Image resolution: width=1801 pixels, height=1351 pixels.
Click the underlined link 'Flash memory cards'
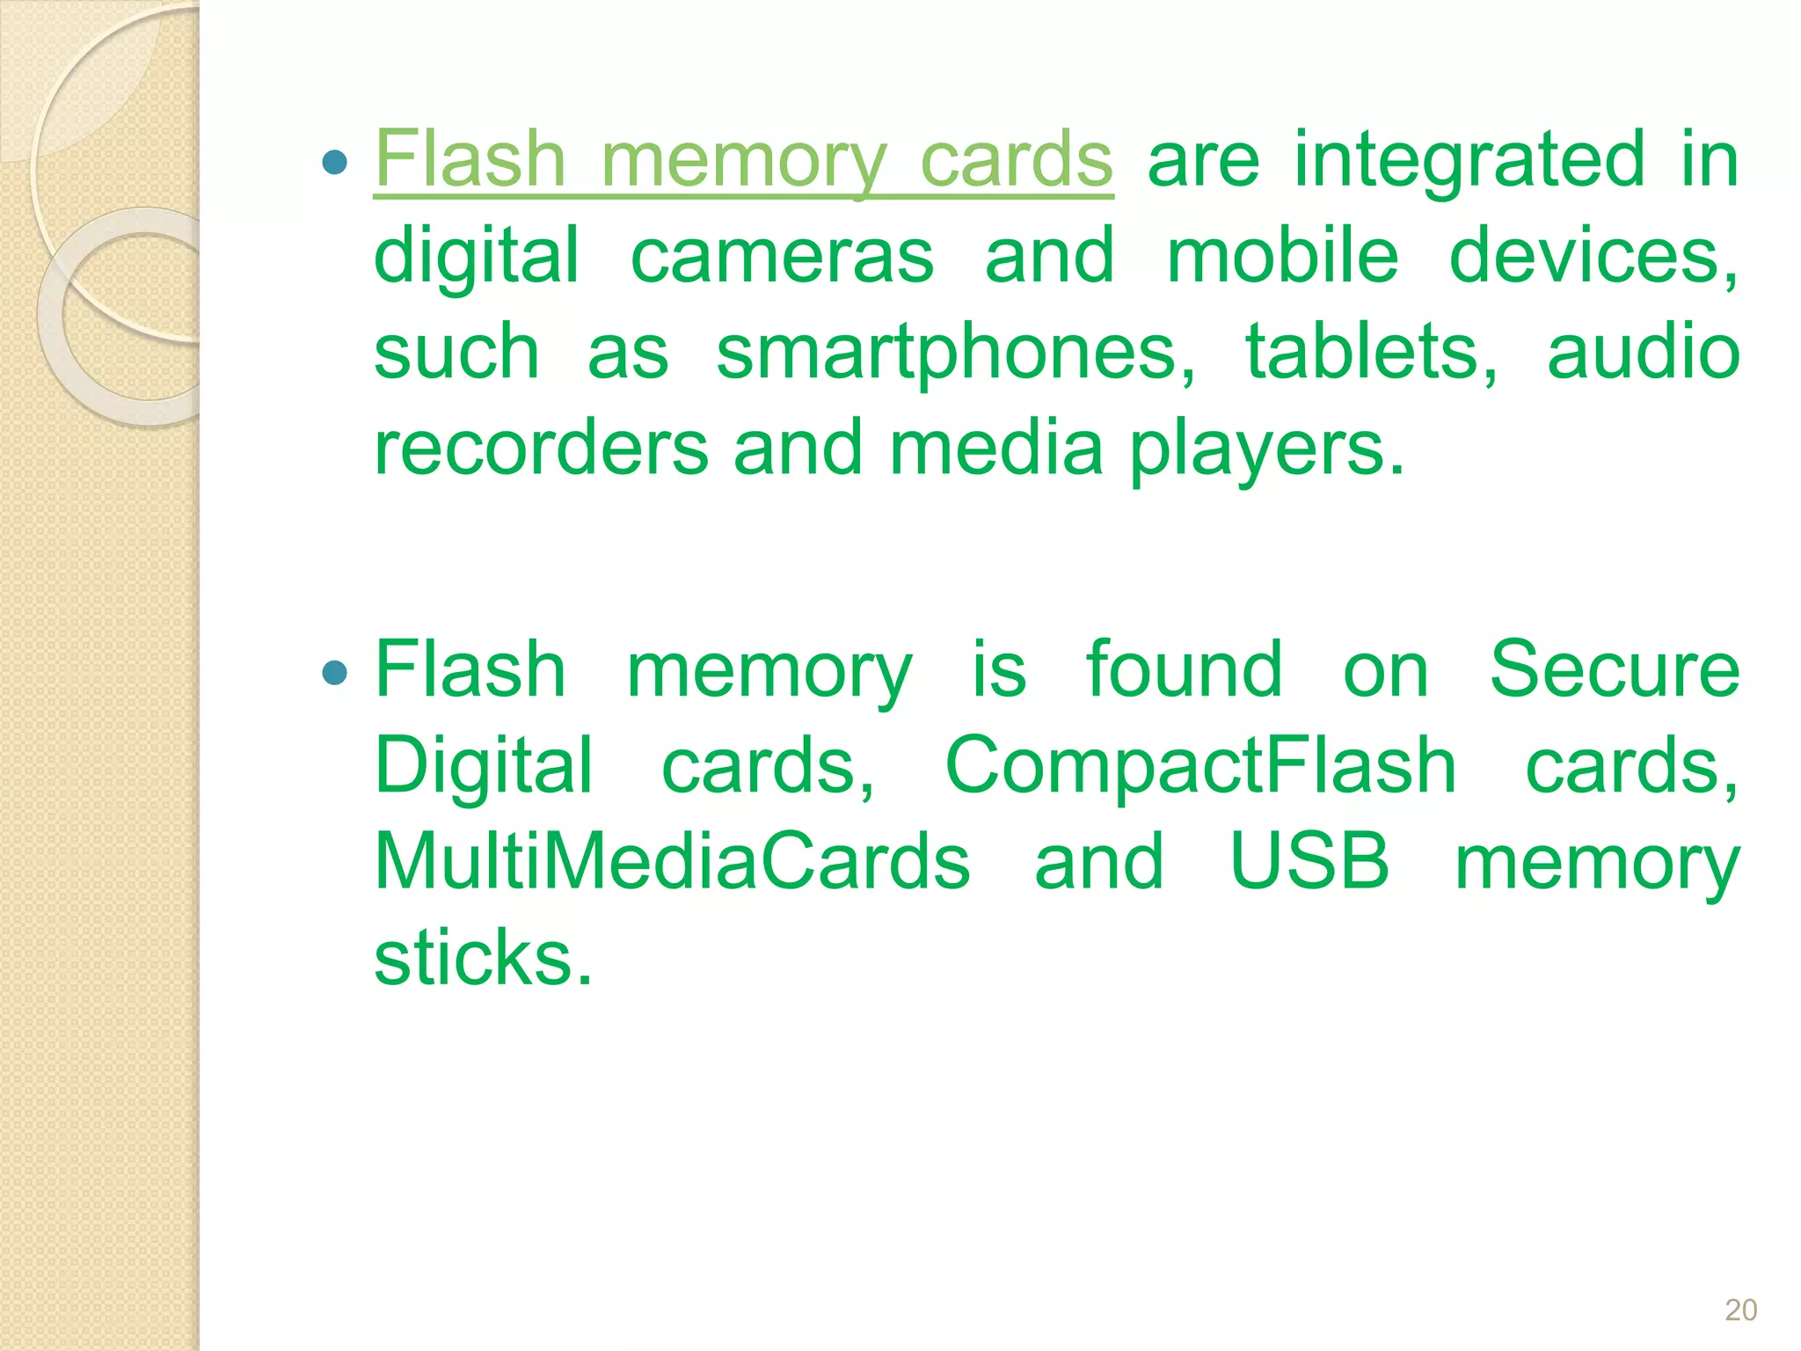pyautogui.click(x=743, y=160)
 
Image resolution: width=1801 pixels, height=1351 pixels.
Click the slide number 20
pyautogui.click(x=1740, y=1310)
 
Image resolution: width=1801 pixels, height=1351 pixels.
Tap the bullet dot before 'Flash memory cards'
pyautogui.click(x=335, y=162)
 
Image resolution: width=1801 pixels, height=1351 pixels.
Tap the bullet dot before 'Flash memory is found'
pyautogui.click(x=335, y=674)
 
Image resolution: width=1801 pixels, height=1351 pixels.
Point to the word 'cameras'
pyautogui.click(x=782, y=256)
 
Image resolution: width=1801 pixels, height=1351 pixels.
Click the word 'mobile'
pyautogui.click(x=1281, y=256)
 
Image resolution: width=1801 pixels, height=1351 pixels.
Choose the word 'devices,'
pyautogui.click(x=1593, y=256)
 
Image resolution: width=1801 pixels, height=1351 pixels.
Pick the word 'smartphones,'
pyautogui.click(x=956, y=354)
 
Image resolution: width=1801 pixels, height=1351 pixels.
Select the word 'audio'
pyautogui.click(x=1643, y=352)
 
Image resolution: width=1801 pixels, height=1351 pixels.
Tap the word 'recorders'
pyautogui.click(x=541, y=448)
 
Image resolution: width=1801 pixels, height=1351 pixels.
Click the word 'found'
pyautogui.click(x=1184, y=670)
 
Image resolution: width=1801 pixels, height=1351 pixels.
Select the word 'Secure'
pyautogui.click(x=1614, y=670)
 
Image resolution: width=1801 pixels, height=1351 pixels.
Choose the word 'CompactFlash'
pyautogui.click(x=1200, y=766)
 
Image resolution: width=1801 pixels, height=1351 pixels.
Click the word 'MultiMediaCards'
pyautogui.click(x=672, y=862)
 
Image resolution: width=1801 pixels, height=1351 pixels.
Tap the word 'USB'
pyautogui.click(x=1309, y=862)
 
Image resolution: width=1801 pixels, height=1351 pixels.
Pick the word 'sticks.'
pyautogui.click(x=483, y=958)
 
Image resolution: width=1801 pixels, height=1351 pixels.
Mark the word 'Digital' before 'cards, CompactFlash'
pyautogui.click(x=484, y=768)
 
